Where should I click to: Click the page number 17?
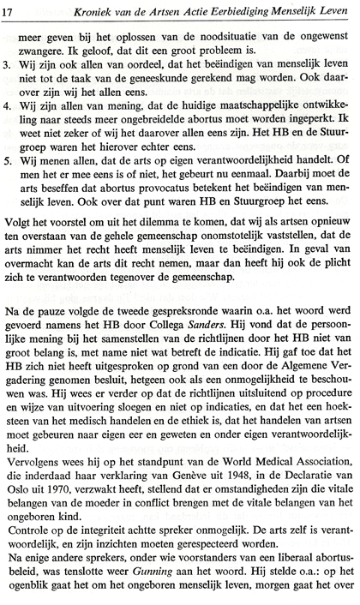(11, 10)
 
